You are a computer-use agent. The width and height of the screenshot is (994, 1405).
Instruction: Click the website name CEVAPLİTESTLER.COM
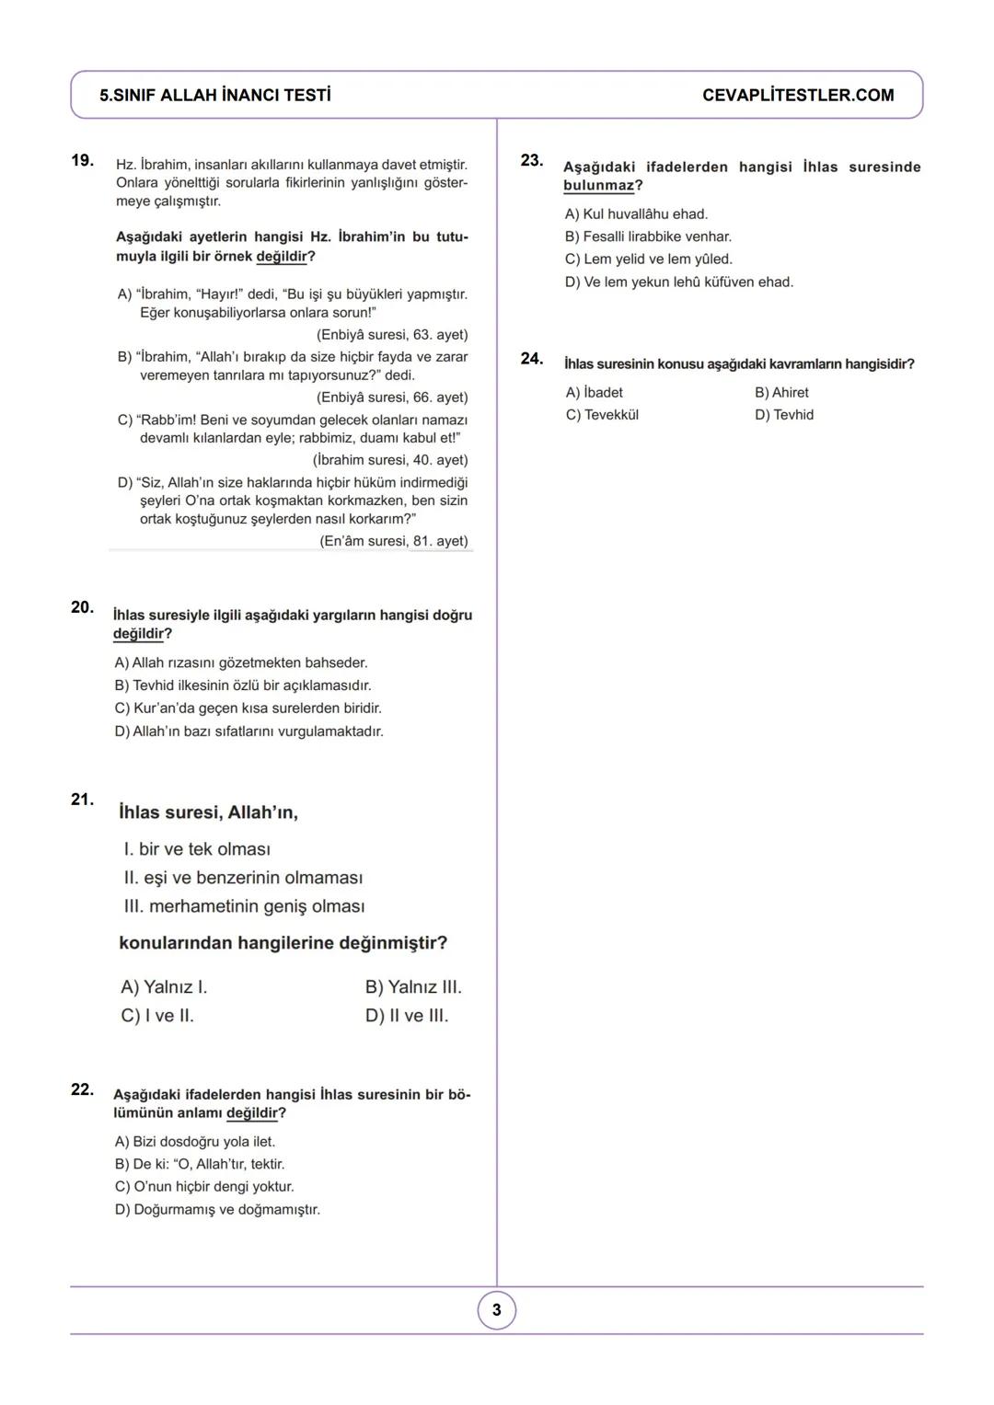797,96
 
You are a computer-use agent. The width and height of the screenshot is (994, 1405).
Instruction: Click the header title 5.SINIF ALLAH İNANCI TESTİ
215,96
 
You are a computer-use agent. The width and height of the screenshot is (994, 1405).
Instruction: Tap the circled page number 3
497,1310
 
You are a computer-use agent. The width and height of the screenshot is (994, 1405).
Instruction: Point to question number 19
82,161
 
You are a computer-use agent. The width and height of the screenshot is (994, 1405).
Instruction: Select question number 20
82,607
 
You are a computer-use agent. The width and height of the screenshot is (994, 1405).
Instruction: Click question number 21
82,800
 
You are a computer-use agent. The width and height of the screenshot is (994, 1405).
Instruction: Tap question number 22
82,1089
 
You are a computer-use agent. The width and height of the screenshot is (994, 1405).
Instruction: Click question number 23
531,161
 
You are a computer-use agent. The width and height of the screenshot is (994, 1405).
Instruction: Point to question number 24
531,359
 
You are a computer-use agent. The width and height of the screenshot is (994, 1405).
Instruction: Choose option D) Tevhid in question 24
784,415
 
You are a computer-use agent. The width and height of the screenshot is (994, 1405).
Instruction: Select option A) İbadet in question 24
594,393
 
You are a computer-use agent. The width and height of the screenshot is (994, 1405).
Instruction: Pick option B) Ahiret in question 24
781,393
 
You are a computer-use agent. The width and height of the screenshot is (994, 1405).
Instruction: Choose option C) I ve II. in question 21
157,1016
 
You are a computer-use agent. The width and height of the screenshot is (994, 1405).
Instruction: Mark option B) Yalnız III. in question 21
413,987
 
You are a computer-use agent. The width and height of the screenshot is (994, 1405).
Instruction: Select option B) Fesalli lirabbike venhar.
648,237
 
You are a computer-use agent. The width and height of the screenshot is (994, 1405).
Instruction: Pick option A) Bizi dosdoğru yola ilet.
195,1142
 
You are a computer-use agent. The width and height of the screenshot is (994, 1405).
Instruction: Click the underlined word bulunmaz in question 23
598,186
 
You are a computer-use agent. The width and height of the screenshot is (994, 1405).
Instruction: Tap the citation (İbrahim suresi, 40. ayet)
390,460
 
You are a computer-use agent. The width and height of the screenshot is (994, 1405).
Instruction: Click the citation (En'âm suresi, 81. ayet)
394,541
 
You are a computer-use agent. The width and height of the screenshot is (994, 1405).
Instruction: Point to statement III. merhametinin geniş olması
244,906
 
